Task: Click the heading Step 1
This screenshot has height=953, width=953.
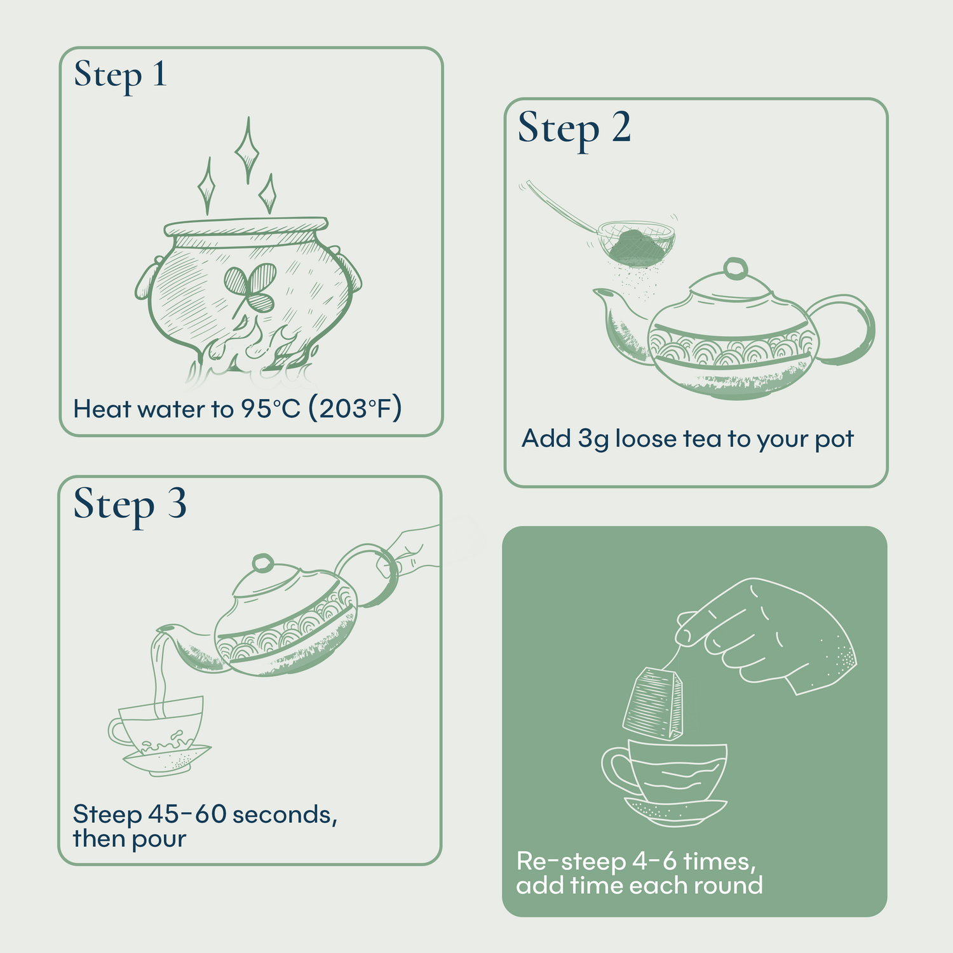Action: tap(120, 76)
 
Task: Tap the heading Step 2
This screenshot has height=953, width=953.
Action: tap(574, 128)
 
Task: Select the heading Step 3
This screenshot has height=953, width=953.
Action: tap(130, 505)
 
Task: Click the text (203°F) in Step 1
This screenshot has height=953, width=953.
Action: tap(355, 409)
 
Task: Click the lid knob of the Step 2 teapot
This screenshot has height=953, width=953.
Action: tap(736, 268)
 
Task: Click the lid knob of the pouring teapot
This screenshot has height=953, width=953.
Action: tap(262, 563)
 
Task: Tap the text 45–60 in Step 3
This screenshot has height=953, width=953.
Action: tap(187, 814)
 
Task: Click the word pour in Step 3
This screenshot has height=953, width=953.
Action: tap(158, 839)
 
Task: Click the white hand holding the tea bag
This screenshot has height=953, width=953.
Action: tap(775, 635)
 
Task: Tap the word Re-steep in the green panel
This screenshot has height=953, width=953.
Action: tap(571, 862)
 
